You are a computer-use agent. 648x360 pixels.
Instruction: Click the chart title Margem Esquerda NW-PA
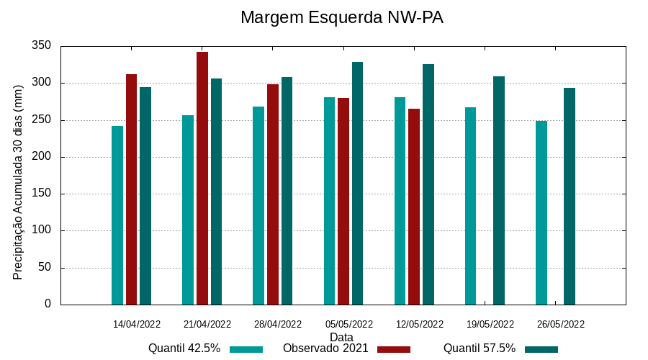[x=342, y=17]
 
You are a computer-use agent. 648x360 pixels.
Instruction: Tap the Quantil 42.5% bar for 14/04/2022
[x=117, y=215]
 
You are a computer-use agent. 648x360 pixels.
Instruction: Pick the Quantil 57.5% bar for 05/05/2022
[x=357, y=184]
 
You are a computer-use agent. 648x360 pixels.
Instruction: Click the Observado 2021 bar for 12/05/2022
[x=414, y=207]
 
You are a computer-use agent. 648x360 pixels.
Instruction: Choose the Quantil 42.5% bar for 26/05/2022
[x=541, y=213]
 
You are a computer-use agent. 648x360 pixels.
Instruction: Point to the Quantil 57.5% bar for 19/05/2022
[x=499, y=191]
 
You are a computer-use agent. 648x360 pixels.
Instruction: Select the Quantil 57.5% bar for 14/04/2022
[x=145, y=196]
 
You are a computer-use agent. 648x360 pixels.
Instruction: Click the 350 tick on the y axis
[x=42, y=46]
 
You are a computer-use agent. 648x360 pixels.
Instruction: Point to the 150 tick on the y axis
[x=42, y=194]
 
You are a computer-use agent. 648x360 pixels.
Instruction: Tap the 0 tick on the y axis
[x=48, y=305]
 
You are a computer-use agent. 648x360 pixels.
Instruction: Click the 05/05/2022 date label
[x=349, y=324]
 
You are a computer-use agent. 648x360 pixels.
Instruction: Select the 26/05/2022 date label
[x=561, y=324]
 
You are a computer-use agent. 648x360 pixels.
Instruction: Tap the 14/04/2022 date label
[x=137, y=324]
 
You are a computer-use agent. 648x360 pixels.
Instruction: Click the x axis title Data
[x=341, y=337]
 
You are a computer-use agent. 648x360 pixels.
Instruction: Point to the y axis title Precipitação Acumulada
[x=18, y=182]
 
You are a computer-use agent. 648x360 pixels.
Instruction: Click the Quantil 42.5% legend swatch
[x=246, y=349]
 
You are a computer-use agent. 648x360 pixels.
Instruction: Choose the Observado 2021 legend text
[x=325, y=348]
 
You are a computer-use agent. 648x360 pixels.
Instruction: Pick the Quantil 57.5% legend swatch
[x=541, y=349]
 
